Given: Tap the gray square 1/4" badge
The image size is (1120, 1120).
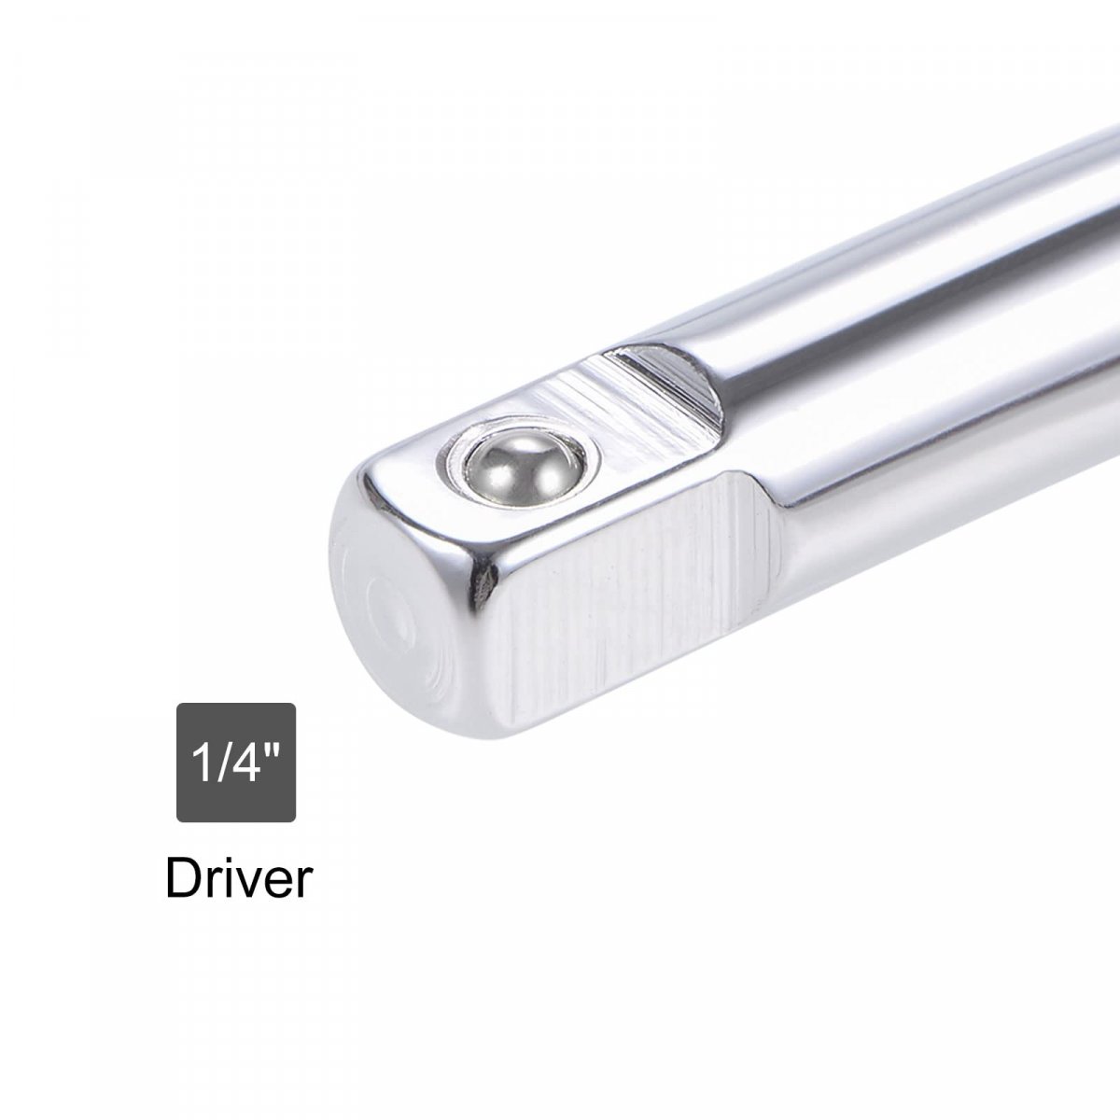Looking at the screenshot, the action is (236, 763).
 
